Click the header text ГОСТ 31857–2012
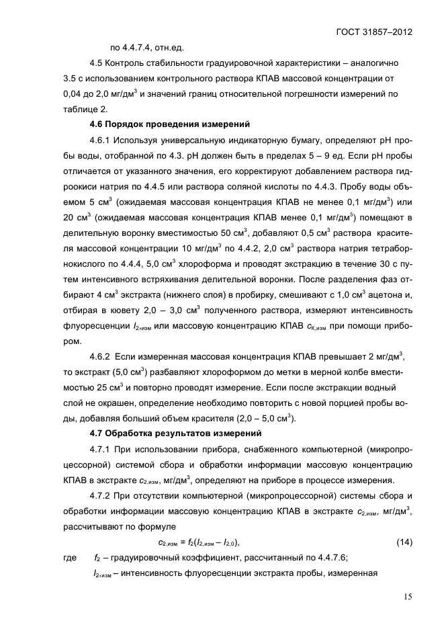[x=374, y=31]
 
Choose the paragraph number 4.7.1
[x=100, y=450]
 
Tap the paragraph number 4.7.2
[x=100, y=497]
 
